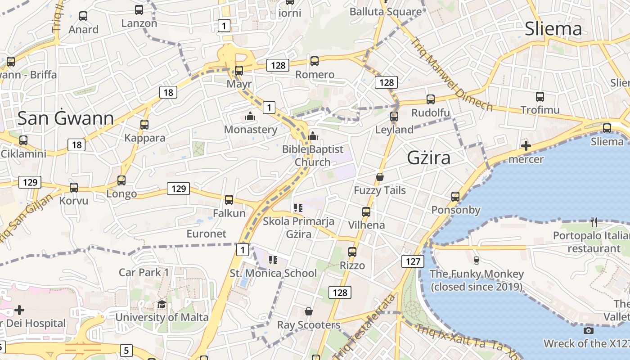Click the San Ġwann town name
[x=66, y=118]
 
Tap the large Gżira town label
[x=428, y=157]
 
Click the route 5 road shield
[x=126, y=350]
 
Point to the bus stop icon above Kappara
[x=144, y=124]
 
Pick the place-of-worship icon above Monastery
[x=250, y=117]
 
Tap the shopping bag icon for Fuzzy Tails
[x=380, y=177]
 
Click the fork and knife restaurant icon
[x=594, y=222]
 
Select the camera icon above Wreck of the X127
[x=588, y=331]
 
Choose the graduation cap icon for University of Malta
[x=162, y=304]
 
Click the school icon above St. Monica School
[x=273, y=260]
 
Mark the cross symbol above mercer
[x=526, y=146]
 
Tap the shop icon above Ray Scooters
[x=309, y=311]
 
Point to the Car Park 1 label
[x=144, y=272]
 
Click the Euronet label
[x=207, y=234]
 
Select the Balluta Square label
[x=386, y=12]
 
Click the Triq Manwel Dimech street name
[x=451, y=74]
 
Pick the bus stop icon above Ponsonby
[x=455, y=196]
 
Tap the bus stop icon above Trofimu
[x=540, y=96]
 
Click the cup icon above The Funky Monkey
[x=477, y=260]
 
